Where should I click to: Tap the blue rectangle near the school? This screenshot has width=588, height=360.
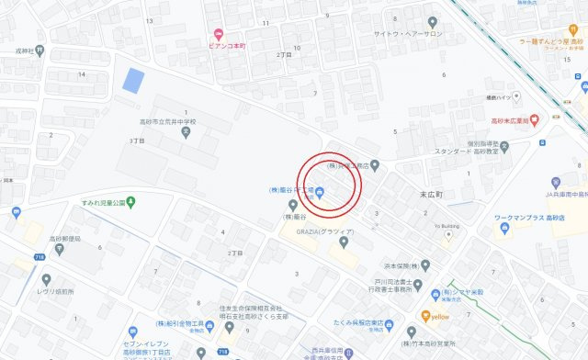[133, 80]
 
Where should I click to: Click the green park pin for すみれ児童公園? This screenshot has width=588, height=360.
[131, 201]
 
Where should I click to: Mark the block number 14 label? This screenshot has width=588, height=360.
[82, 73]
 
